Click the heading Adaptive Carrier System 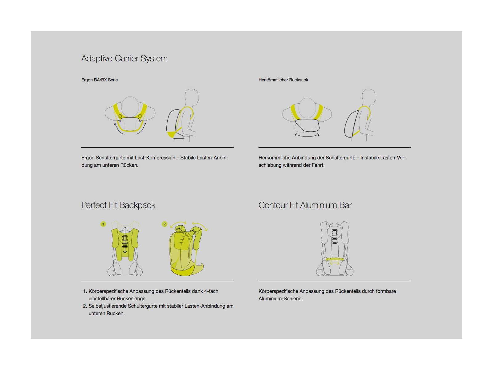pos(124,59)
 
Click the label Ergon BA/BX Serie pos(100,80)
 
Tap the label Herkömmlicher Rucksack pos(283,80)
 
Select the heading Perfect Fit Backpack pos(118,205)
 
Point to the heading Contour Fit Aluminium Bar pos(305,205)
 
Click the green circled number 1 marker pos(103,224)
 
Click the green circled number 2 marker pos(165,224)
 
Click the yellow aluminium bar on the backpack pos(335,259)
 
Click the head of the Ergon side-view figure pos(191,97)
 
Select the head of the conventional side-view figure pos(369,97)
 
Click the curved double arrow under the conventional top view pos(307,135)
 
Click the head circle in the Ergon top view pos(130,107)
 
